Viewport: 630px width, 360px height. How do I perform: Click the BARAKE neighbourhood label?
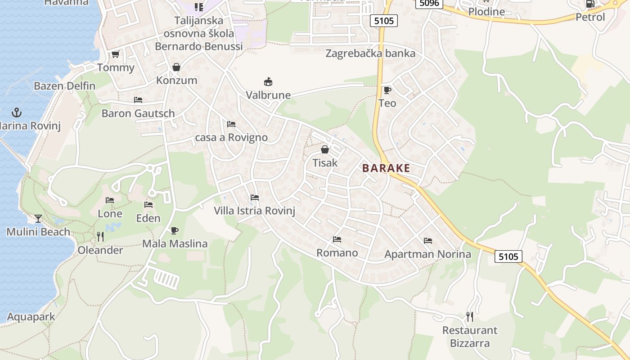click(386, 168)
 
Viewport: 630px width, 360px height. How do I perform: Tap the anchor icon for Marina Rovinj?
click(17, 112)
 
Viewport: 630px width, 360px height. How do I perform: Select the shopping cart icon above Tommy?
click(115, 54)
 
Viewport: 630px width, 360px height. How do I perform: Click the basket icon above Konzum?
click(176, 67)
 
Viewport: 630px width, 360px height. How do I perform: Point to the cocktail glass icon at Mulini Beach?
click(38, 219)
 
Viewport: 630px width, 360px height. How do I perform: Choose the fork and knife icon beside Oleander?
click(100, 236)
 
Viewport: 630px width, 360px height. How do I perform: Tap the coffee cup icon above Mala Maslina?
click(175, 230)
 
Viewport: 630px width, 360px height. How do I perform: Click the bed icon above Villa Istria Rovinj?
click(255, 197)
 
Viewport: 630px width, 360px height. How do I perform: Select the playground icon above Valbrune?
click(268, 82)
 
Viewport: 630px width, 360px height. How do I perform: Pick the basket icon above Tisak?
click(325, 149)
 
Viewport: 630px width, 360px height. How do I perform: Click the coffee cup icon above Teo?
click(387, 90)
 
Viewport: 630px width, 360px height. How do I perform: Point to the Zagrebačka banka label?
click(370, 54)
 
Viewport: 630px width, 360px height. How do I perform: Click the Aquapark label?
click(31, 317)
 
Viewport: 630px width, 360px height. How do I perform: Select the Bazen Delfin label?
click(64, 86)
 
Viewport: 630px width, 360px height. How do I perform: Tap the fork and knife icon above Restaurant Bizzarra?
click(470, 317)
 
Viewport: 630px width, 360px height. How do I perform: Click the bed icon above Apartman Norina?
click(427, 241)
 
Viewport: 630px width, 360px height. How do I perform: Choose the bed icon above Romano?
click(337, 239)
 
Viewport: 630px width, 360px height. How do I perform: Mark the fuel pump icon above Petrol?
click(590, 4)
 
